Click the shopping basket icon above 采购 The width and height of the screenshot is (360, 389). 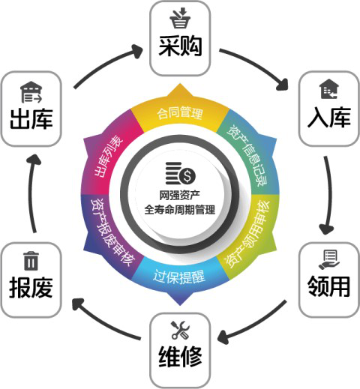point(180,18)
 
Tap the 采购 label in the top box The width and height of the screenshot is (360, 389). point(180,46)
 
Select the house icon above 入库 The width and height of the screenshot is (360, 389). point(329,89)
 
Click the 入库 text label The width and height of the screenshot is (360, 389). point(329,118)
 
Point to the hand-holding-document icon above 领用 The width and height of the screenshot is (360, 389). point(329,260)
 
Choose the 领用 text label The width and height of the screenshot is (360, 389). point(329,286)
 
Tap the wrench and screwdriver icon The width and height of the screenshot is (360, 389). point(180,330)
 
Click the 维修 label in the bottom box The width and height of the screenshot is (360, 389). point(180,357)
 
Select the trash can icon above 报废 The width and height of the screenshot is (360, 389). point(31,261)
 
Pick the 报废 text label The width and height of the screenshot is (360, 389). point(31,287)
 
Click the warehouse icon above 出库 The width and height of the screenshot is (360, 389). point(31,92)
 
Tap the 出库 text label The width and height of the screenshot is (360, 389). point(31,119)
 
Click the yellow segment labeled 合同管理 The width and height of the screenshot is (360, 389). point(180,113)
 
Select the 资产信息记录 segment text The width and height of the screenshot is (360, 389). point(247,155)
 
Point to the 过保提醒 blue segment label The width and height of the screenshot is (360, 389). point(179,277)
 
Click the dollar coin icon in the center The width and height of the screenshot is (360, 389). point(181,173)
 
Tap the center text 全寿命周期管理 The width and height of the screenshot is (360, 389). point(180,209)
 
